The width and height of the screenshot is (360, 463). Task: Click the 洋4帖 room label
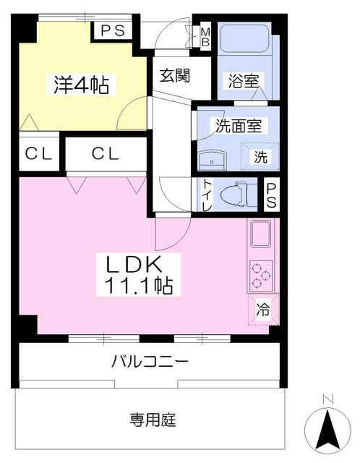point(80,85)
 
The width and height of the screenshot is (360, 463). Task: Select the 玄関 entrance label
point(175,75)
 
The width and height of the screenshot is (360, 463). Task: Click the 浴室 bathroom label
point(244,81)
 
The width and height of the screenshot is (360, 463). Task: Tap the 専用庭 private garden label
point(153,420)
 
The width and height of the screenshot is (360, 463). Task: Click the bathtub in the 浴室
point(244,46)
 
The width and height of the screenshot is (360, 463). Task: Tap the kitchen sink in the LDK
point(260,236)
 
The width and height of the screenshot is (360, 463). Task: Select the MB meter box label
point(205,35)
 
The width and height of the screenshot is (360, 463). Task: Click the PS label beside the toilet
point(271,196)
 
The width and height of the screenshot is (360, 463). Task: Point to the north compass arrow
point(327,427)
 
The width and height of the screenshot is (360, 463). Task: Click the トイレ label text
point(207,196)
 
